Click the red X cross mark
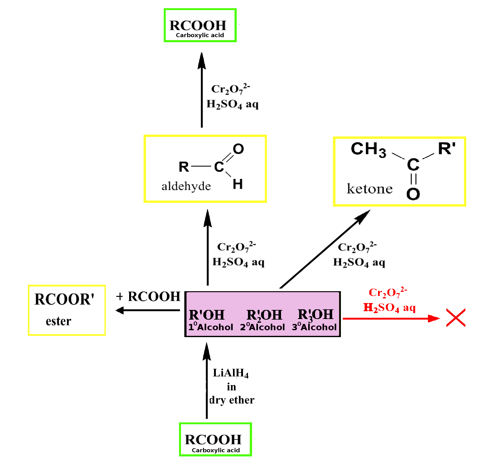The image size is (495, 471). click(456, 318)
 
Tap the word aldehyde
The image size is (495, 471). click(186, 186)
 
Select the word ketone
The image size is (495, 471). click(370, 189)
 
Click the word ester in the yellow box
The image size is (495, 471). click(59, 321)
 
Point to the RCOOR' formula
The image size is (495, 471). click(64, 299)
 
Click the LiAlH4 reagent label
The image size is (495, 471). click(231, 373)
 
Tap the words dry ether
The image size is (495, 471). click(232, 400)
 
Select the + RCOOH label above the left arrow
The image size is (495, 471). click(148, 296)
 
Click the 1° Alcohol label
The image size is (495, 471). click(211, 326)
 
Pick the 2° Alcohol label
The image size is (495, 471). click(262, 326)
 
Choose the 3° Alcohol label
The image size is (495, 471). click(314, 326)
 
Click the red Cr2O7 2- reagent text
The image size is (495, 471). click(388, 292)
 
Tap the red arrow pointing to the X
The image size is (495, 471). click(391, 318)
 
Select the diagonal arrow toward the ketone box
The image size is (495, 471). click(325, 249)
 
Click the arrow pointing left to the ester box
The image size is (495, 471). click(148, 310)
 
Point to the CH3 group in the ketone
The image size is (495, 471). click(368, 149)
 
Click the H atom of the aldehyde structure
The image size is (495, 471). click(238, 184)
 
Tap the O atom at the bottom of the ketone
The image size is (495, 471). click(413, 194)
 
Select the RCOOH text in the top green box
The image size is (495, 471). click(198, 25)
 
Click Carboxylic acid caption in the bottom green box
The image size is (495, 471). click(216, 450)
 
